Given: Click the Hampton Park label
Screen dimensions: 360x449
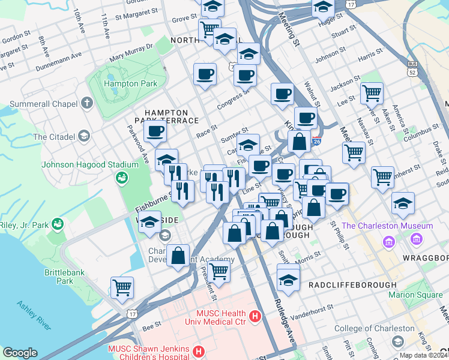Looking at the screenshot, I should tap(130, 84).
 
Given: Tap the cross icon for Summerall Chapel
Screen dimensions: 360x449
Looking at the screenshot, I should tap(87, 103).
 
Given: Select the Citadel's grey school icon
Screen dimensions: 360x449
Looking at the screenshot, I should tap(83, 136).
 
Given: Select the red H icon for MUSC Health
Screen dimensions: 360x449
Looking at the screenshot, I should tap(255, 314).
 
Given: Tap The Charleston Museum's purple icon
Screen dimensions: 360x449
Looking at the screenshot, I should tap(389, 242).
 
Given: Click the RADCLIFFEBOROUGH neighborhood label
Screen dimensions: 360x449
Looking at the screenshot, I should tap(352, 284).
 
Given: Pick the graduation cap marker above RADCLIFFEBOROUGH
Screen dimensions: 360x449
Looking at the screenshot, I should tap(289, 280).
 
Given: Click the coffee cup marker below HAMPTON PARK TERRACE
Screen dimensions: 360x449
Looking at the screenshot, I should tap(155, 131).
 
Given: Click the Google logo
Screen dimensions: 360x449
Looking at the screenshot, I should tap(20, 353).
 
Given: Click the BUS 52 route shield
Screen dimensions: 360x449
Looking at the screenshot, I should tap(412, 68).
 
